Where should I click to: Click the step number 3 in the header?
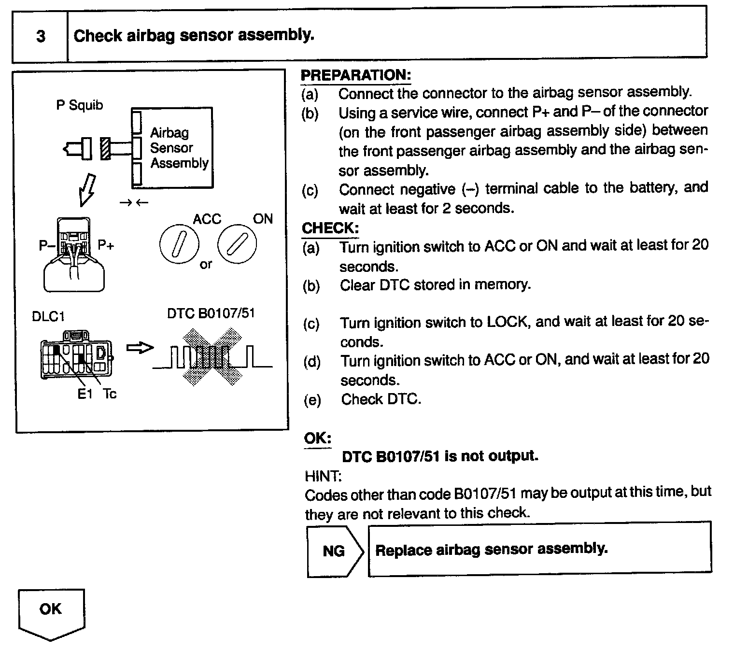pos(41,36)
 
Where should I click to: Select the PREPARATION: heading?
pos(355,75)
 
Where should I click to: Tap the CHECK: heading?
pos(330,228)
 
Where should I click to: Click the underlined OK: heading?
pos(317,438)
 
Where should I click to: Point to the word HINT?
pos(323,476)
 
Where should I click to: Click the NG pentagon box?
pos(334,551)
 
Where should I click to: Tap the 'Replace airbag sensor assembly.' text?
pos(491,550)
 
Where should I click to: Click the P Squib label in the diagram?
pos(80,105)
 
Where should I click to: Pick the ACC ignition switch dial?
pos(179,244)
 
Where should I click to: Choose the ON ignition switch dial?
pos(237,244)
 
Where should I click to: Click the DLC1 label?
pos(48,317)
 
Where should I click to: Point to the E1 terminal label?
pos(85,394)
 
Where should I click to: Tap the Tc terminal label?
pos(110,394)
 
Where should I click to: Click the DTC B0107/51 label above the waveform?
pos(211,313)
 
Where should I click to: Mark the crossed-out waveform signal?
pos(212,357)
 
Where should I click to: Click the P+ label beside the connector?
pos(106,245)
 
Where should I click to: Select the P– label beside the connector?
pos(47,246)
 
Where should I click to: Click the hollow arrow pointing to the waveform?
pos(140,348)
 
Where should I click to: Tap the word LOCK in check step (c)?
pos(507,322)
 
